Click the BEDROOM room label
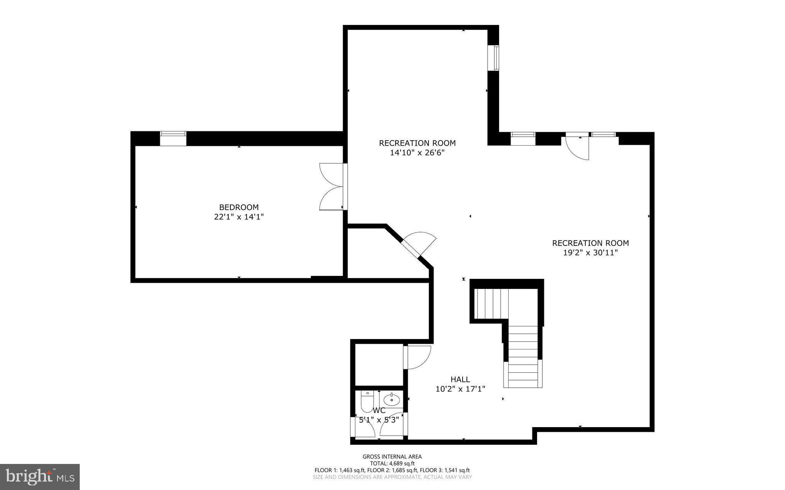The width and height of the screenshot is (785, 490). pyautogui.click(x=239, y=207)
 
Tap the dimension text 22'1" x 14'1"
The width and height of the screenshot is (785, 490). pyautogui.click(x=239, y=217)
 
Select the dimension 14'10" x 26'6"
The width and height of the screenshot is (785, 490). pyautogui.click(x=417, y=153)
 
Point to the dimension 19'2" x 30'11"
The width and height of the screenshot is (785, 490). pyautogui.click(x=590, y=253)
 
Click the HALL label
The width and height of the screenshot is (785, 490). pyautogui.click(x=460, y=379)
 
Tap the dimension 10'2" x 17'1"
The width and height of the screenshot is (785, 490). pyautogui.click(x=460, y=389)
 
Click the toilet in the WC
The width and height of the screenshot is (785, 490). pyautogui.click(x=367, y=401)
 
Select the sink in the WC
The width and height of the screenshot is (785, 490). pyautogui.click(x=392, y=400)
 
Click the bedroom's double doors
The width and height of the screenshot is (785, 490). pyautogui.click(x=332, y=187)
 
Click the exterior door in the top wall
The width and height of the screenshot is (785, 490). pyautogui.click(x=578, y=147)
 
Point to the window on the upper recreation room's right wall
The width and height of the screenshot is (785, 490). pyautogui.click(x=495, y=58)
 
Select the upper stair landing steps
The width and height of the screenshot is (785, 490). pyautogui.click(x=491, y=303)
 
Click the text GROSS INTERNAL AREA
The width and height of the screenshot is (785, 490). pyautogui.click(x=392, y=456)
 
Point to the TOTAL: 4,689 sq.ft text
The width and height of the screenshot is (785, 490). pyautogui.click(x=392, y=463)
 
